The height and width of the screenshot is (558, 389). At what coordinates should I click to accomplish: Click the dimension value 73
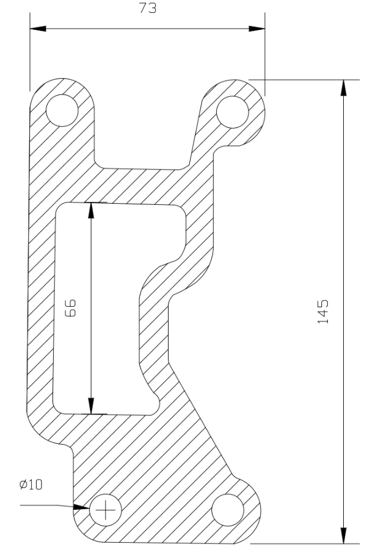pyautogui.click(x=148, y=8)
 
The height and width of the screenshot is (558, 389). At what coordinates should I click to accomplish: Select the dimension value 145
pyautogui.click(x=323, y=312)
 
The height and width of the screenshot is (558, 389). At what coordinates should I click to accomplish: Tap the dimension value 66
pyautogui.click(x=71, y=308)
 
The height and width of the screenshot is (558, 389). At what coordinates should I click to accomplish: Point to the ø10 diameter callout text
pyautogui.click(x=31, y=484)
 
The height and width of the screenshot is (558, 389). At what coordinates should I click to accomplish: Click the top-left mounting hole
pyautogui.click(x=62, y=110)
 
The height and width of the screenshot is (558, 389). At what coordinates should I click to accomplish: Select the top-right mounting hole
pyautogui.click(x=232, y=112)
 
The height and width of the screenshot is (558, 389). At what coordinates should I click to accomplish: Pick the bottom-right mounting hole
pyautogui.click(x=228, y=510)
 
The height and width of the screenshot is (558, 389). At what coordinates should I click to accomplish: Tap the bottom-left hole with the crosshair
pyautogui.click(x=106, y=510)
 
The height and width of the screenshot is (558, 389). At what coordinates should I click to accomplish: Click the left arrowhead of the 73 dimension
pyautogui.click(x=38, y=29)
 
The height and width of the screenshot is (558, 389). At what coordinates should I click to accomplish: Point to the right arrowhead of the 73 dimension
pyautogui.click(x=257, y=29)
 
